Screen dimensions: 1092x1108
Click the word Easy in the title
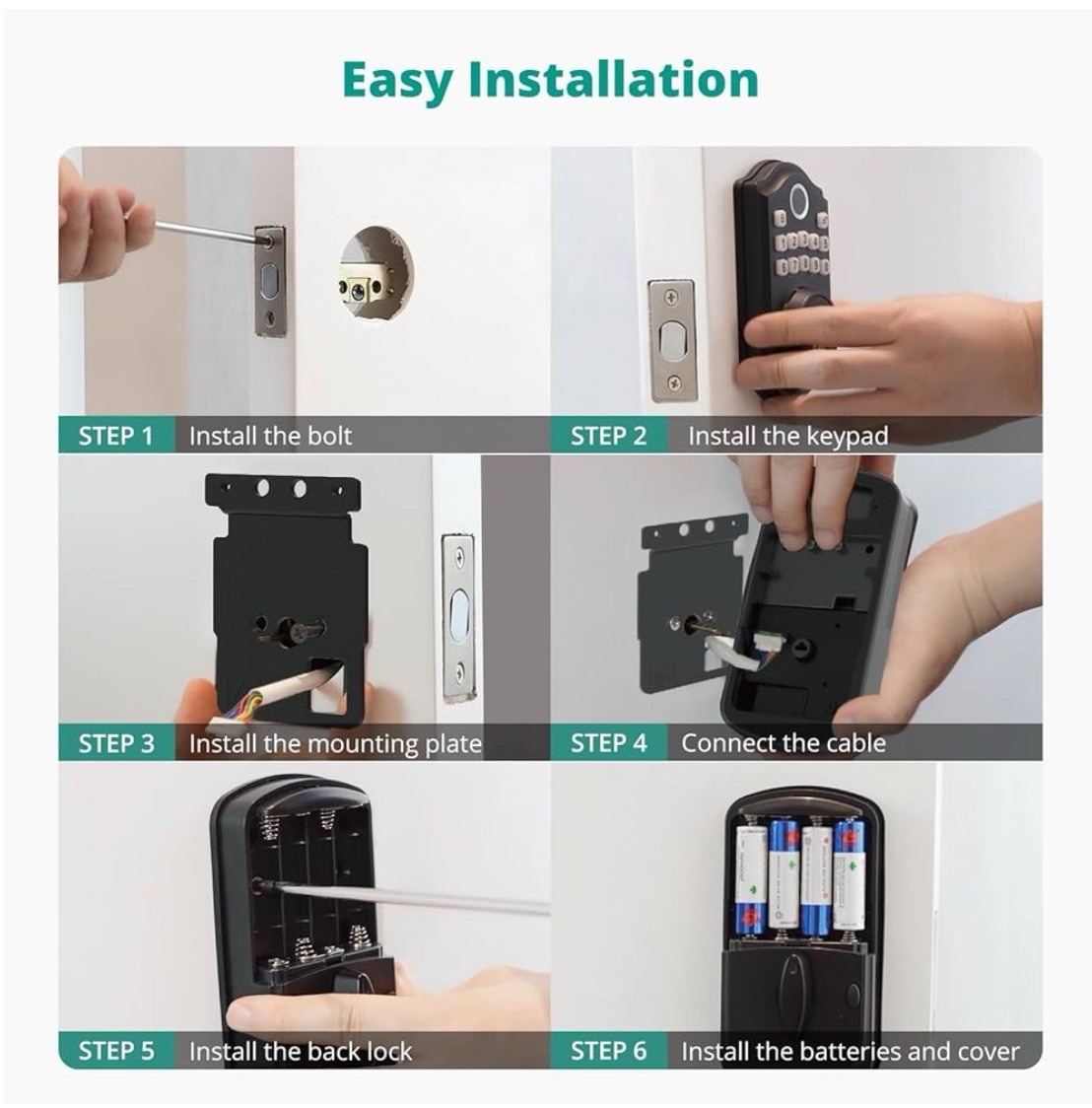click(x=398, y=81)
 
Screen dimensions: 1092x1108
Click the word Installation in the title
click(x=614, y=79)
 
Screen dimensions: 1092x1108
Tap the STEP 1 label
click(x=115, y=436)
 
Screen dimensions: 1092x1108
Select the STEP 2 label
click(x=608, y=436)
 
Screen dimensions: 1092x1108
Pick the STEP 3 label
click(x=116, y=743)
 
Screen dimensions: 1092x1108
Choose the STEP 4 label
click(x=608, y=743)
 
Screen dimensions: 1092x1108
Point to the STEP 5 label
click(x=116, y=1051)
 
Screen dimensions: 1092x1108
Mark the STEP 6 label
click(x=608, y=1051)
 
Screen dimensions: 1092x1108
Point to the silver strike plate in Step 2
click(x=672, y=341)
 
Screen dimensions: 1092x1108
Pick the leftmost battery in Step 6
click(x=751, y=879)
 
